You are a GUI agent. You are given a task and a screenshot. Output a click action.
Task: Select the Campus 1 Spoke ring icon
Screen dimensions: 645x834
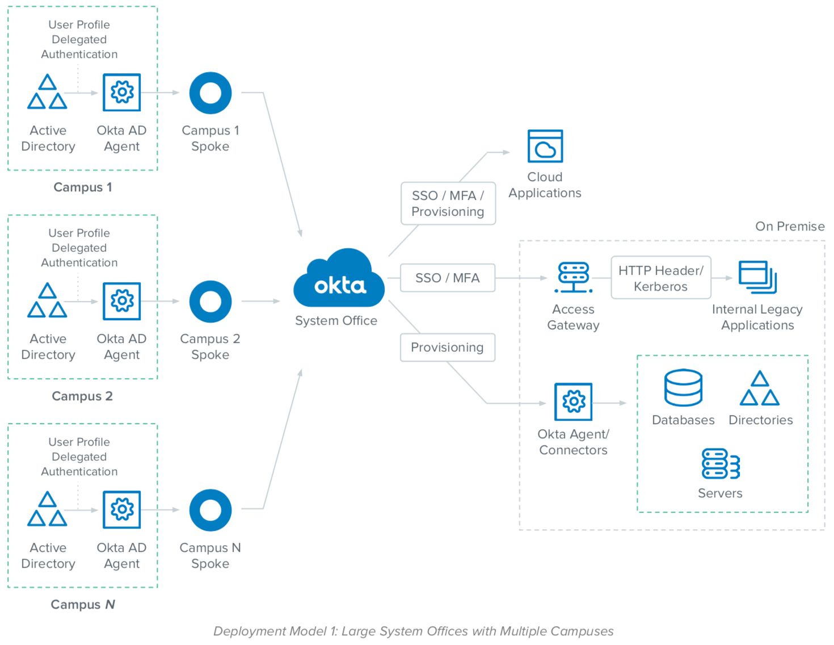(210, 93)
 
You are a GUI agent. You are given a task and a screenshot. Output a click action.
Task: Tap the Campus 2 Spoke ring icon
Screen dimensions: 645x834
(210, 301)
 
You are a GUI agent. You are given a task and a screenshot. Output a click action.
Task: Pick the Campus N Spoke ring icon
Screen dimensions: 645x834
(210, 510)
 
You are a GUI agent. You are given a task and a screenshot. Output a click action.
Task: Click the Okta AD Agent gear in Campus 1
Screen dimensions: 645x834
(121, 92)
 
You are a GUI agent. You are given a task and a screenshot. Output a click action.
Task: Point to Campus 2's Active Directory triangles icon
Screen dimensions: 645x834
(48, 300)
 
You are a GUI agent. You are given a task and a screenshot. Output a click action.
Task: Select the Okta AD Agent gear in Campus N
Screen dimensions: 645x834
(121, 509)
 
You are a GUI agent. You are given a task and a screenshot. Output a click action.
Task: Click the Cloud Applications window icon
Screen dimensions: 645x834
(545, 146)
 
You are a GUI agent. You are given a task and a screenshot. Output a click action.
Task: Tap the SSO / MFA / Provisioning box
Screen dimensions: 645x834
(448, 203)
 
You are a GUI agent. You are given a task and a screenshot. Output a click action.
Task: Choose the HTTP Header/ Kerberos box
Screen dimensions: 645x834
(660, 278)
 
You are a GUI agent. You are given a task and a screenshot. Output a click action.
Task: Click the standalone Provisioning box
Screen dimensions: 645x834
(447, 347)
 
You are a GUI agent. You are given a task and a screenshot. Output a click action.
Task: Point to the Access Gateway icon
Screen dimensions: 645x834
(574, 278)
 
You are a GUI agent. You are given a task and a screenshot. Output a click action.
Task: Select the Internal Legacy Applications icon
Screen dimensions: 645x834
(757, 277)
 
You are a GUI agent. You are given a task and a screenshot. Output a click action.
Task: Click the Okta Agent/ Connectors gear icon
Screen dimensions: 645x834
(574, 401)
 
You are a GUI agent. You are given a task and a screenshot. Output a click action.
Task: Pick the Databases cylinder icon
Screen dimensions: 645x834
(683, 388)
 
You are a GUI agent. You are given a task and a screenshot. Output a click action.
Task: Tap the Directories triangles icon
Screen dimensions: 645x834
(760, 388)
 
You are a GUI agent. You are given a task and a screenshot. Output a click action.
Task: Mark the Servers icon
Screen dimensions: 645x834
(721, 464)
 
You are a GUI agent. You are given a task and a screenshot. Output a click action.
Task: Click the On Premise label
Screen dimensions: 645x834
(790, 227)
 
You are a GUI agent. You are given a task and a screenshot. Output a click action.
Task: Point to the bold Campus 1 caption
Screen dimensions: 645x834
(83, 187)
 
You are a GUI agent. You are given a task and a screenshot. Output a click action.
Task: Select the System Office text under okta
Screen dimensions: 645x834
(336, 321)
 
